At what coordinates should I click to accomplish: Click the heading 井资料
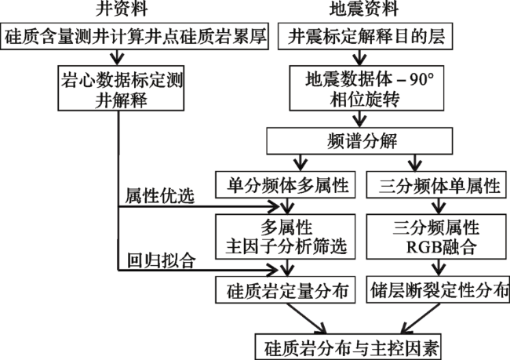point(122,9)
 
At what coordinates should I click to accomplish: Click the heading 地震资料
point(364,9)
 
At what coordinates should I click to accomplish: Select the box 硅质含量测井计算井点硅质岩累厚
point(134,36)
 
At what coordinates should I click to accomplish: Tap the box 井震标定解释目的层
point(366,36)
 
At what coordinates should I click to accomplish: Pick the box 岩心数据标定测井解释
point(121,88)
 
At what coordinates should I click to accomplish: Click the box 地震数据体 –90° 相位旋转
point(367,88)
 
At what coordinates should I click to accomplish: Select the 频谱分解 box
point(359,141)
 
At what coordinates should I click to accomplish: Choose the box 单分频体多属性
point(286,185)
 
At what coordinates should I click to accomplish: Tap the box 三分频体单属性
point(436,185)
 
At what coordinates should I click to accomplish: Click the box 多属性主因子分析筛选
point(286,236)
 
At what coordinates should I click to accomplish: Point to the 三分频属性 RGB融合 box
point(436,236)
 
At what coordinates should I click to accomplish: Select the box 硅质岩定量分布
point(286,289)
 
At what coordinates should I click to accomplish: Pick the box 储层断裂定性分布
point(438,289)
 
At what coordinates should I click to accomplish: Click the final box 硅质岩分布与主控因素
point(348,347)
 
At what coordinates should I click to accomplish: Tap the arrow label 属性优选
point(160,196)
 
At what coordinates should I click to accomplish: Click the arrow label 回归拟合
point(162,260)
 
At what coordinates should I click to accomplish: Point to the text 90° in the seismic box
point(421,79)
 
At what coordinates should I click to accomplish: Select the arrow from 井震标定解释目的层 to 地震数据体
point(359,57)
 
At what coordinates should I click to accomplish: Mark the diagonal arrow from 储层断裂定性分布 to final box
point(421,318)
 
